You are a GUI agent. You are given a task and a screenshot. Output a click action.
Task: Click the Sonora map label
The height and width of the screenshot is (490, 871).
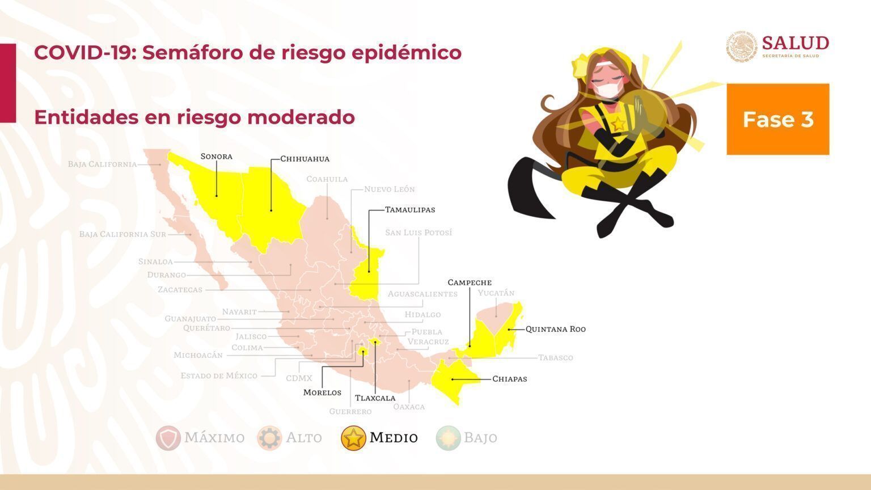click(216, 157)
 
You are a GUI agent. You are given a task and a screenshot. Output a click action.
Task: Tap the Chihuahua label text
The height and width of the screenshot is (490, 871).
click(305, 159)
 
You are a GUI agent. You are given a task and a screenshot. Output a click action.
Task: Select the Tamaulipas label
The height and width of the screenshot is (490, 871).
click(410, 210)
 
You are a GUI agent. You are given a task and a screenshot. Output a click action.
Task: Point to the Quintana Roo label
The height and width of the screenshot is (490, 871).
click(555, 329)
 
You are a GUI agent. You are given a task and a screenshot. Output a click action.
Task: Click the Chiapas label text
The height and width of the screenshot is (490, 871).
click(509, 379)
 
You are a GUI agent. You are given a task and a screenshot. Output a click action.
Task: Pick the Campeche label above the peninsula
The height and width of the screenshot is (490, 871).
click(470, 282)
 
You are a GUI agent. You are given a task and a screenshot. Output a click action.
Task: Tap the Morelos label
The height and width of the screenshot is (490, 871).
click(322, 392)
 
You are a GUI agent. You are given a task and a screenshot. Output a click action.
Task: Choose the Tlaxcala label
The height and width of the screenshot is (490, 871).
click(375, 398)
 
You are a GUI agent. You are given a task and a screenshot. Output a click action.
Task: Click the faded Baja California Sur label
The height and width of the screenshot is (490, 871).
click(122, 234)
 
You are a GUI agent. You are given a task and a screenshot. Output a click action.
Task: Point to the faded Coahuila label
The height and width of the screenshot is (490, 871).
click(327, 179)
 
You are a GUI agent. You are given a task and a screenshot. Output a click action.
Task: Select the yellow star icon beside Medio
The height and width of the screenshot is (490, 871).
click(353, 438)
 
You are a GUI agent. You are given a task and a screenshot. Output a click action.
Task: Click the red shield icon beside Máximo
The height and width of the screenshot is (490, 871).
click(168, 438)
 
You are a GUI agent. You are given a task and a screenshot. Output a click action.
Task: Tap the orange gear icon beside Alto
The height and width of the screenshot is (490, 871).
click(269, 438)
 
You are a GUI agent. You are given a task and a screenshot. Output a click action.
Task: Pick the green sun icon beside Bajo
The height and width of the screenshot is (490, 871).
click(448, 438)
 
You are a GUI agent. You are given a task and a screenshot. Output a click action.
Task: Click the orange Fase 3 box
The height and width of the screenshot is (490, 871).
click(777, 119)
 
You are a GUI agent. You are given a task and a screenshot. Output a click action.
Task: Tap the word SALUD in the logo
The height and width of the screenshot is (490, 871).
click(795, 43)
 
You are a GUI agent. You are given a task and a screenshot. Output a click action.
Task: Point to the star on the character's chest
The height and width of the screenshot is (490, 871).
click(618, 124)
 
